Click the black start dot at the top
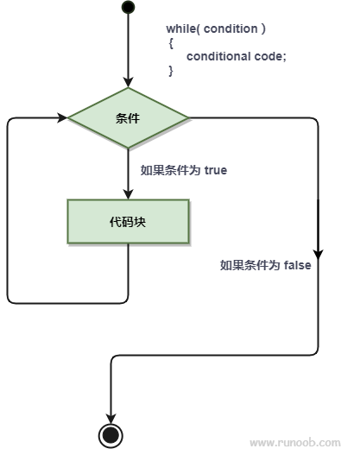click(x=128, y=8)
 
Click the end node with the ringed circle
click(x=111, y=434)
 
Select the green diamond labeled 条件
click(x=128, y=117)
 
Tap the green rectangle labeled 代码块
click(x=128, y=221)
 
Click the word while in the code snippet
click(x=181, y=28)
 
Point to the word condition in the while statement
click(x=231, y=28)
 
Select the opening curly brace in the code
click(x=171, y=42)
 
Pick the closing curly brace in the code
click(x=171, y=71)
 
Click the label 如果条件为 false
click(x=265, y=265)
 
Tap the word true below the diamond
click(x=216, y=170)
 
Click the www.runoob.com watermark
click(x=294, y=443)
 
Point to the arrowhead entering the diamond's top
click(x=128, y=81)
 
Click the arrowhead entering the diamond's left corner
click(x=62, y=117)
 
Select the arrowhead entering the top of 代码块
click(x=128, y=193)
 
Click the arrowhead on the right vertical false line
click(x=318, y=253)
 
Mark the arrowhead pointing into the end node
click(x=111, y=416)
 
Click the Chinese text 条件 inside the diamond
click(x=128, y=117)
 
